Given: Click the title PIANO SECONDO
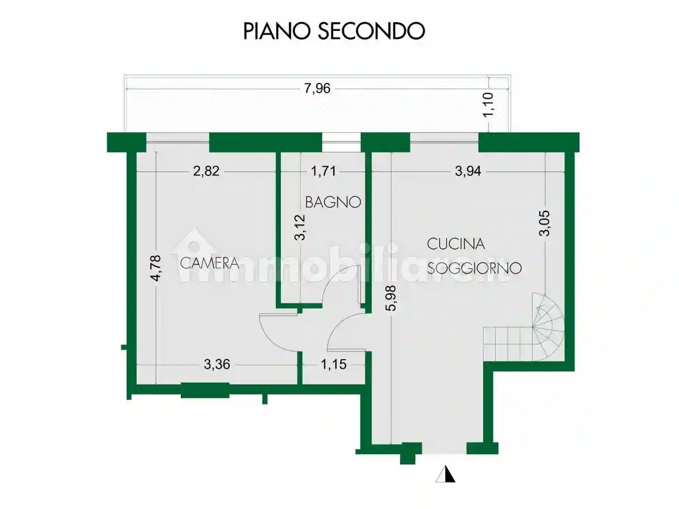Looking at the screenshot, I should coord(334,31).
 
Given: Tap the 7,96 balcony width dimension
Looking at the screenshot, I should coord(317,88).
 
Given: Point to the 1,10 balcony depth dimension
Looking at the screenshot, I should coord(489,104).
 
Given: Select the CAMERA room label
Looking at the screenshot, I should coord(210,263).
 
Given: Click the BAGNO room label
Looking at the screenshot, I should coord(333,202).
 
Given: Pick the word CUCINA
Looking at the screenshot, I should coord(455,244).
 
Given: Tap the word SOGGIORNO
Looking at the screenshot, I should coord(474,268).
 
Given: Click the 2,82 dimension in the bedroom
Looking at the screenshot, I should coord(206,171).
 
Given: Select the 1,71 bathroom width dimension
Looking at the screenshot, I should coord(323,171).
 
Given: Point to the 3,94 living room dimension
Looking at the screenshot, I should coord(468,171).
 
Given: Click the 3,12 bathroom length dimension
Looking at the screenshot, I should coord(301,227).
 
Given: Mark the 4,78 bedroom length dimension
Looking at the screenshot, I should coord(156,268).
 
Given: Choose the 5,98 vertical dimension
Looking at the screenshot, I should coord(391,298).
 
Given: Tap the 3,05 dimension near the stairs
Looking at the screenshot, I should coord(545,223).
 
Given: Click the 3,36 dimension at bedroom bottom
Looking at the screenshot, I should coord(216,364).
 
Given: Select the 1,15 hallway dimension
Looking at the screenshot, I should coord(334,364).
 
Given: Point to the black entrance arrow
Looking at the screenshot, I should coord(446,474).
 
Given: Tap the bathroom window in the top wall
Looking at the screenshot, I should coord(341,143).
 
